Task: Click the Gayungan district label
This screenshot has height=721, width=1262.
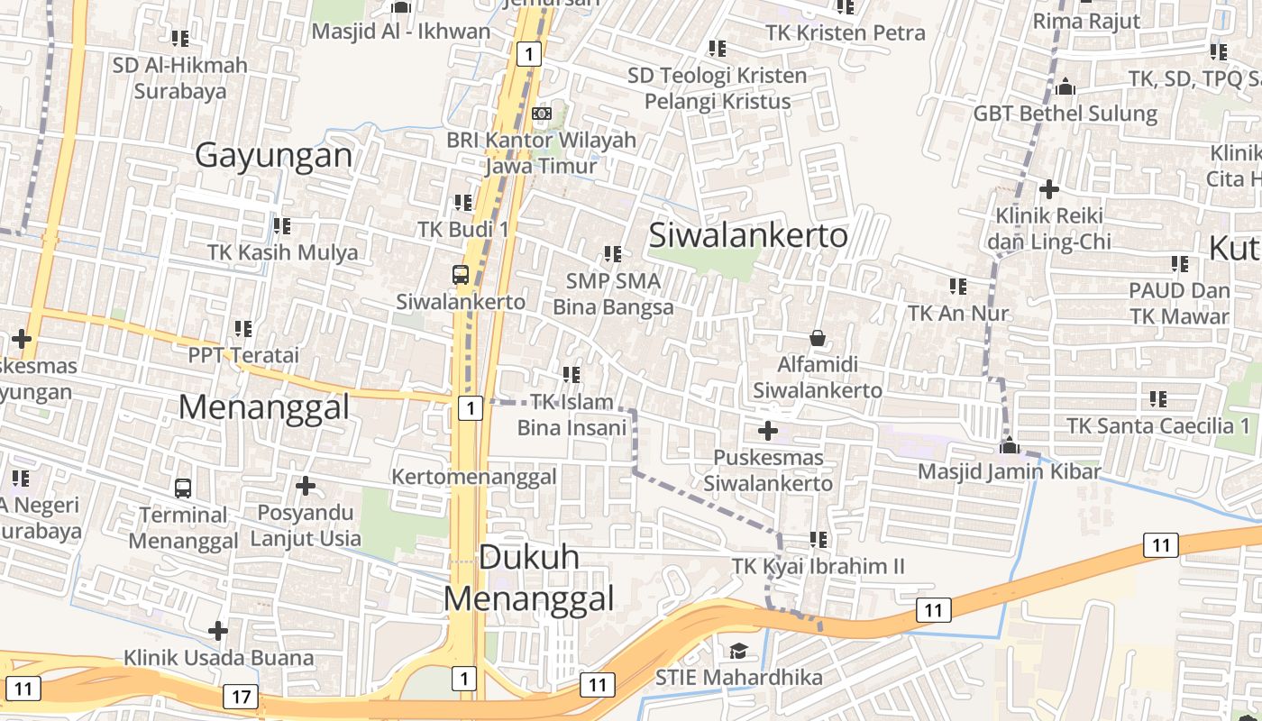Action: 274,156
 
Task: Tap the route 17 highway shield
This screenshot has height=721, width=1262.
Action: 241,697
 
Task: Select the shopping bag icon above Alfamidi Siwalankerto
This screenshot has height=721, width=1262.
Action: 817,338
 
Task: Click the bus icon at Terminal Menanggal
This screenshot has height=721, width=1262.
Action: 183,488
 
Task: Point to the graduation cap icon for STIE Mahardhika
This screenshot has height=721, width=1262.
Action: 738,651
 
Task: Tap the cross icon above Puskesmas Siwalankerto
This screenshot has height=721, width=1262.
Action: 768,432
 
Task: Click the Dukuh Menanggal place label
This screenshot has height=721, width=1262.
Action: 528,578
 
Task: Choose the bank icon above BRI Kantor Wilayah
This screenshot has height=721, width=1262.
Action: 541,114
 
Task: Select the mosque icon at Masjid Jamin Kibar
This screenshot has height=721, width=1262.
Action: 1010,445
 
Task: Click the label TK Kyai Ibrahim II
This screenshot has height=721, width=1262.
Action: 818,567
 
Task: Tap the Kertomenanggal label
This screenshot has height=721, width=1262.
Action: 474,477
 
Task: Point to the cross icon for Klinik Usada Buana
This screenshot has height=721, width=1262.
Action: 218,631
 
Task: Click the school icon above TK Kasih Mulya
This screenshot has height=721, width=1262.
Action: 282,225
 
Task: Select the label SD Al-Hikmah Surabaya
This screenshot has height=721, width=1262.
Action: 180,78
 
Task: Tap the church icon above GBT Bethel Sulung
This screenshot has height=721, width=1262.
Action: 1065,87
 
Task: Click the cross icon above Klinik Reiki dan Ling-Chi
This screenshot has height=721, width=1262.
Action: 1048,190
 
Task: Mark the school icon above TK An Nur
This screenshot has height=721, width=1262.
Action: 957,287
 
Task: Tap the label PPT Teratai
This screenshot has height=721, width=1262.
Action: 243,355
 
